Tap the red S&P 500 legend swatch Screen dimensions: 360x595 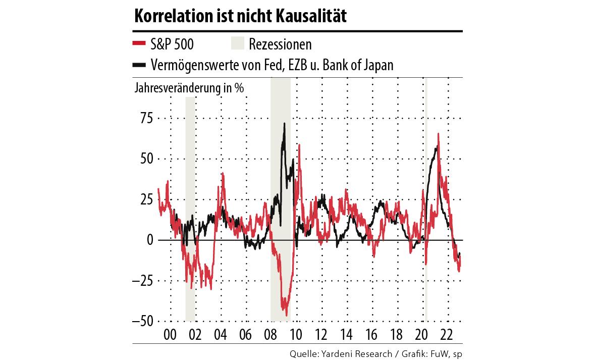pyautogui.click(x=139, y=44)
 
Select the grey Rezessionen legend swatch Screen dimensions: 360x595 pyautogui.click(x=237, y=44)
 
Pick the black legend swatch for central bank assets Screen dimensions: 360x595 pyautogui.click(x=139, y=65)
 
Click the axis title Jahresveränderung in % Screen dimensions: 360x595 pyautogui.click(x=189, y=87)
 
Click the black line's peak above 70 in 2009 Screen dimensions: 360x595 pyautogui.click(x=285, y=123)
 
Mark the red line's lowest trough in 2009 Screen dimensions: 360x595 pyautogui.click(x=286, y=316)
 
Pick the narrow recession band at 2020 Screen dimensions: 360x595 pyautogui.click(x=426, y=202)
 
